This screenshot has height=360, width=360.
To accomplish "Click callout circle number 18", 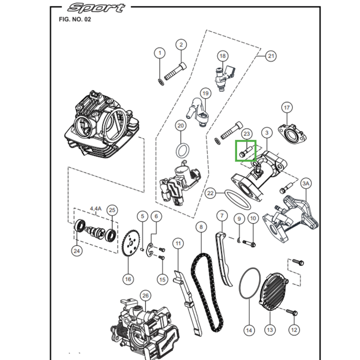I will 222,56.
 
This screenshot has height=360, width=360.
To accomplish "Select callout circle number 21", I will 270,56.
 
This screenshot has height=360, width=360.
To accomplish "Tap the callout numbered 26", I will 144,295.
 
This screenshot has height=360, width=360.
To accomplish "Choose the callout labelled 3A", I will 306,184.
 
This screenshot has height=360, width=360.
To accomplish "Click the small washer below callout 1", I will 160,81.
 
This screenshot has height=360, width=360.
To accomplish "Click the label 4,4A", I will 96,208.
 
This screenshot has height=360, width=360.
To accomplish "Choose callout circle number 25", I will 112,210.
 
